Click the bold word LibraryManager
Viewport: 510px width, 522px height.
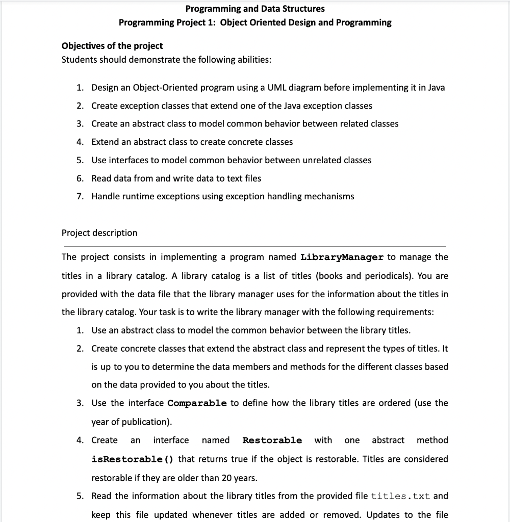pyautogui.click(x=342, y=257)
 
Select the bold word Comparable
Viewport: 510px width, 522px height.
pyautogui.click(x=197, y=403)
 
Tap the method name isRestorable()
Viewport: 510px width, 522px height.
pyautogui.click(x=133, y=459)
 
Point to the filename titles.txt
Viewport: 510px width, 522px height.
pyautogui.click(x=400, y=497)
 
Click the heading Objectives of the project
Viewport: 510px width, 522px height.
pyautogui.click(x=112, y=46)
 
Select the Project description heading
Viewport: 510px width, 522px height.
pyautogui.click(x=99, y=233)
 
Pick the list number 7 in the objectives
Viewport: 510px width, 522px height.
pyautogui.click(x=80, y=197)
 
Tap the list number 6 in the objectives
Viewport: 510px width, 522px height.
pyautogui.click(x=80, y=178)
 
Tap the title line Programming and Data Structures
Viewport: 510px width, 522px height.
pyautogui.click(x=255, y=9)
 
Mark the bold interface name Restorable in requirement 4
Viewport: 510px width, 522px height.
pyautogui.click(x=272, y=440)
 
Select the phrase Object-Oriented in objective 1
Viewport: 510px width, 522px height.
pyautogui.click(x=162, y=88)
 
